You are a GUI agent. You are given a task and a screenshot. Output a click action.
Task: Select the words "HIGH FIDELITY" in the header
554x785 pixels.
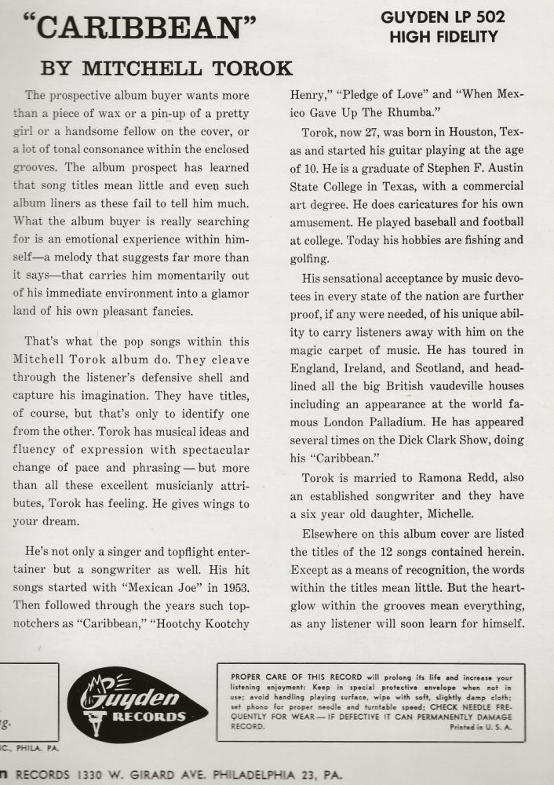[x=443, y=36]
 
